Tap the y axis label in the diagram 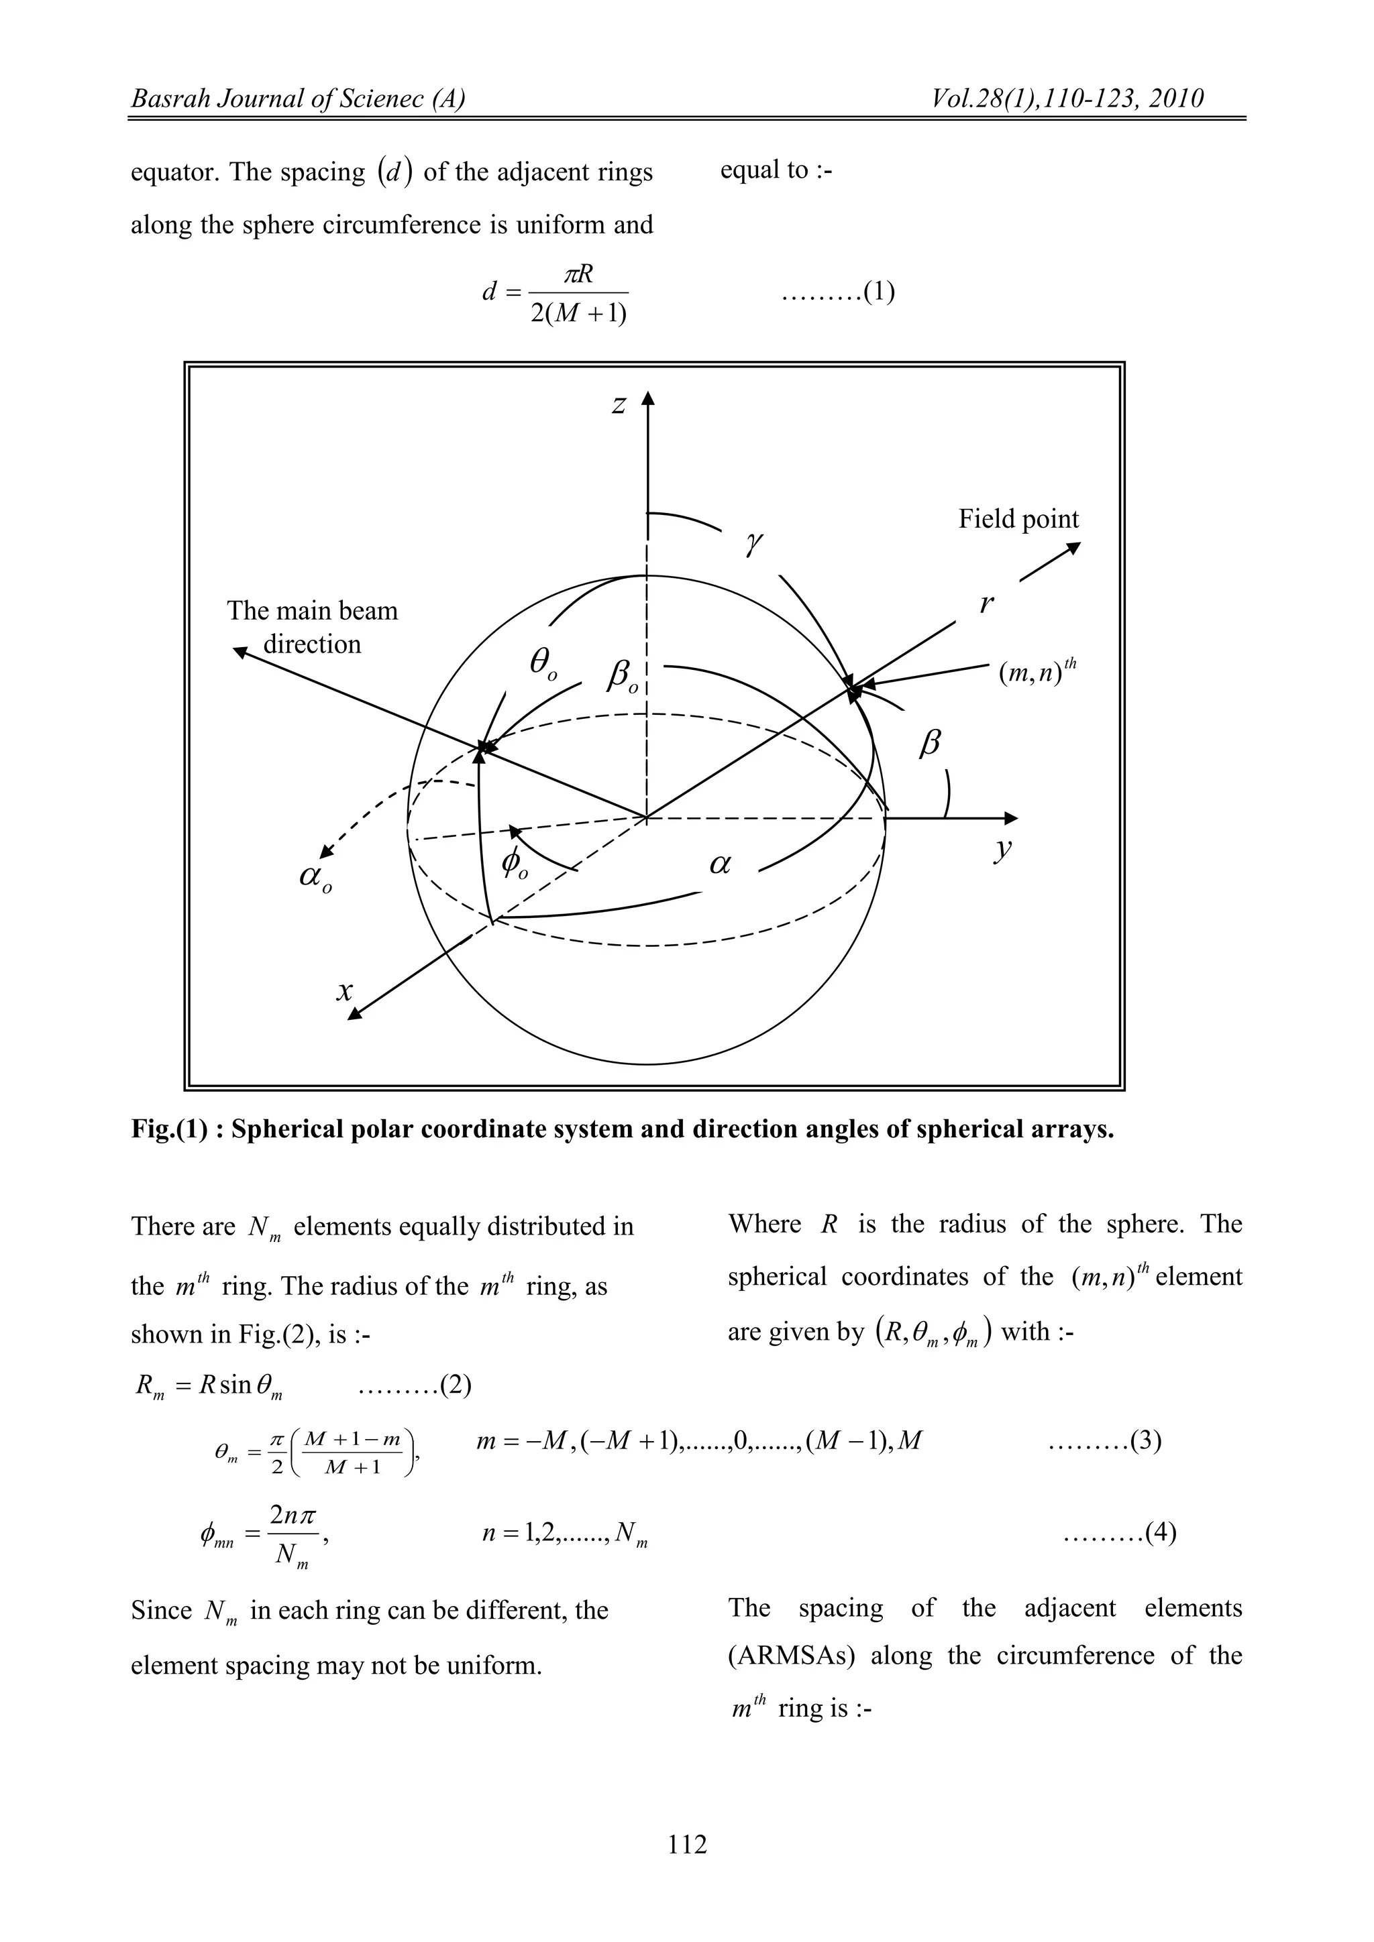[1002, 848]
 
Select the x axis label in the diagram [343, 990]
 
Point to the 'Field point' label [1018, 519]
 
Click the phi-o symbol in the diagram [513, 864]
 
